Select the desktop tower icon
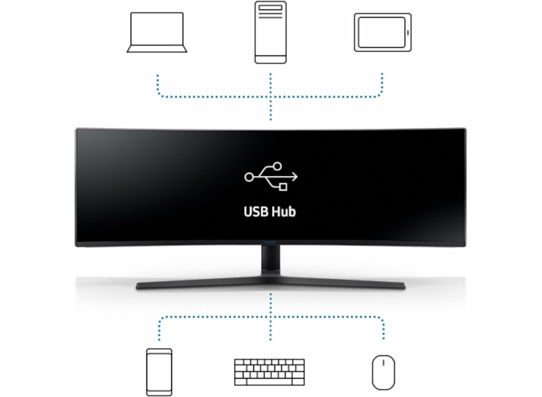(x=270, y=32)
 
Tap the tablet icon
(x=383, y=32)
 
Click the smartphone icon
(x=159, y=372)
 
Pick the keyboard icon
(x=269, y=372)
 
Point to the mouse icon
(x=383, y=372)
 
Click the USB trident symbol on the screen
(x=271, y=176)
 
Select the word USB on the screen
(x=256, y=211)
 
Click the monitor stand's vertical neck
(x=271, y=262)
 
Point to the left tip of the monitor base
(x=138, y=286)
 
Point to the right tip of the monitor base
(x=403, y=285)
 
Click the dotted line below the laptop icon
(x=158, y=84)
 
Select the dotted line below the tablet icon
(x=382, y=84)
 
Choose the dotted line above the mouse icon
(x=383, y=328)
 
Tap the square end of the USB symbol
(x=283, y=186)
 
